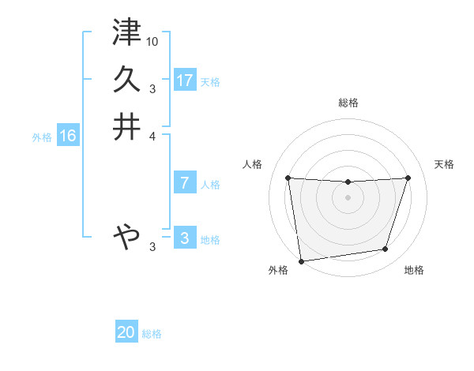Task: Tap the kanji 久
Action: pyautogui.click(x=126, y=80)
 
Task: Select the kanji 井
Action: pyautogui.click(x=126, y=127)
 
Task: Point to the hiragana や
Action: pyautogui.click(x=126, y=235)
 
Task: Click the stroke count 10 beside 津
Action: pyautogui.click(x=152, y=40)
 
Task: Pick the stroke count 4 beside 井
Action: pyautogui.click(x=153, y=135)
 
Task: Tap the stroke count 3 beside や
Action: pyautogui.click(x=153, y=247)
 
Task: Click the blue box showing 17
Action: pyautogui.click(x=185, y=80)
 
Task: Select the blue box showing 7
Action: pyautogui.click(x=185, y=183)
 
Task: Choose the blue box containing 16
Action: pyautogui.click(x=68, y=136)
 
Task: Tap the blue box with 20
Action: pyautogui.click(x=126, y=332)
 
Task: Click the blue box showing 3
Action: pyautogui.click(x=185, y=238)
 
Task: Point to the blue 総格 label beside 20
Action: pyautogui.click(x=152, y=334)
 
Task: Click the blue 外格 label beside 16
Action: pyautogui.click(x=42, y=137)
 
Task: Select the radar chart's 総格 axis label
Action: pyautogui.click(x=348, y=103)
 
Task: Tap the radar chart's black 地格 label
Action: pyautogui.click(x=414, y=271)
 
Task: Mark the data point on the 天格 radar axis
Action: pyautogui.click(x=408, y=178)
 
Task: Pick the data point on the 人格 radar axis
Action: pyautogui.click(x=288, y=178)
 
